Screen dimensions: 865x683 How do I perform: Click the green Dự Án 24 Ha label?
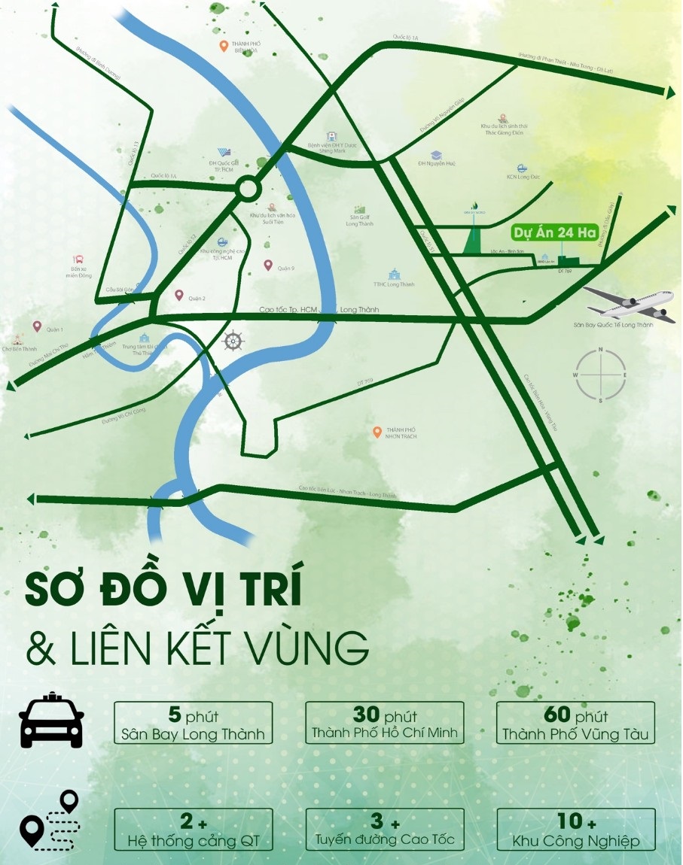(553, 232)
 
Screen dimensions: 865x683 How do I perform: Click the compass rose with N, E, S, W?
(600, 374)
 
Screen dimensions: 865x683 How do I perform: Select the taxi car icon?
(51, 722)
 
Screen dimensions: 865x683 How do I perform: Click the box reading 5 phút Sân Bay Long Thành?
(193, 724)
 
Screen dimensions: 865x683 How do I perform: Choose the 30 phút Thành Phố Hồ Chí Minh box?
(385, 724)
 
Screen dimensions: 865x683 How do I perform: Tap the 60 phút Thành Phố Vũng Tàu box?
(576, 724)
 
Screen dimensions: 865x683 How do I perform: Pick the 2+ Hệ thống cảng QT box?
(193, 830)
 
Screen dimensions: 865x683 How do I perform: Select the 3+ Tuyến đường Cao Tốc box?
(385, 830)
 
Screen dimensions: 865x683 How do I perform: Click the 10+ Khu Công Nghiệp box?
(576, 830)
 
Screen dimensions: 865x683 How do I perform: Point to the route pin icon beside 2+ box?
(50, 821)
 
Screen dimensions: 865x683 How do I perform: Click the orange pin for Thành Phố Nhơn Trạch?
(377, 432)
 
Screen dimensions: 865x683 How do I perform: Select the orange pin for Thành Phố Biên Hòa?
(224, 47)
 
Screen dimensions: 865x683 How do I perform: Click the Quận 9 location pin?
(268, 265)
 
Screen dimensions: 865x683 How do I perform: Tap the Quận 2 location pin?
(179, 296)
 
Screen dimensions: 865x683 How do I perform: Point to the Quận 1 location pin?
(37, 326)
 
